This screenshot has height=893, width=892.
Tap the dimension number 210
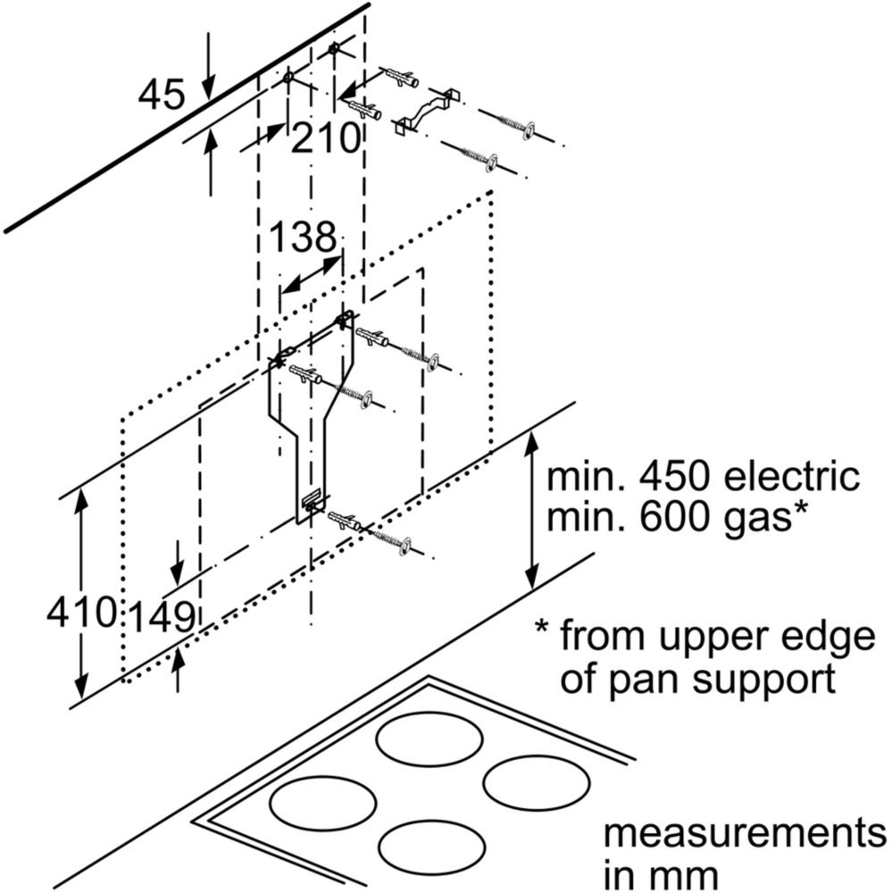click(x=326, y=138)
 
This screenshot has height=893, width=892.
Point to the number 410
click(x=81, y=613)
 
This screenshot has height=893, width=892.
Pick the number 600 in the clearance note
click(x=677, y=517)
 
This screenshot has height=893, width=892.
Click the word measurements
click(x=745, y=834)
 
